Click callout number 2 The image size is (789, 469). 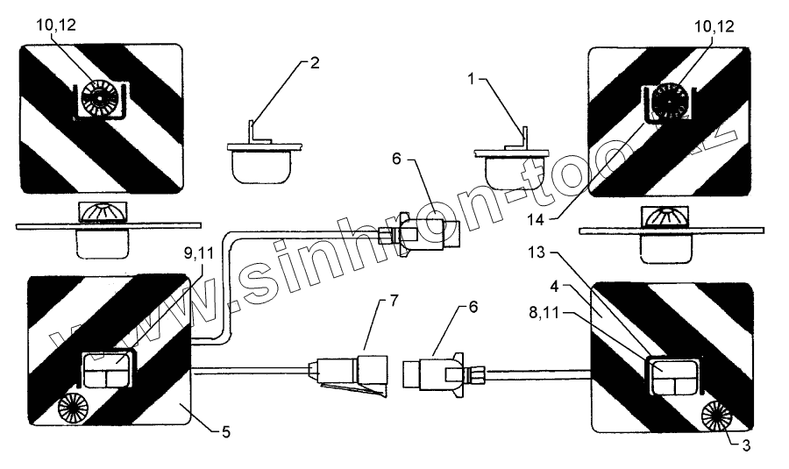(x=316, y=63)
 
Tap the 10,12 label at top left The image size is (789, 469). (x=57, y=25)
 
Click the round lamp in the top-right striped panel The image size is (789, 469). (x=668, y=101)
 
